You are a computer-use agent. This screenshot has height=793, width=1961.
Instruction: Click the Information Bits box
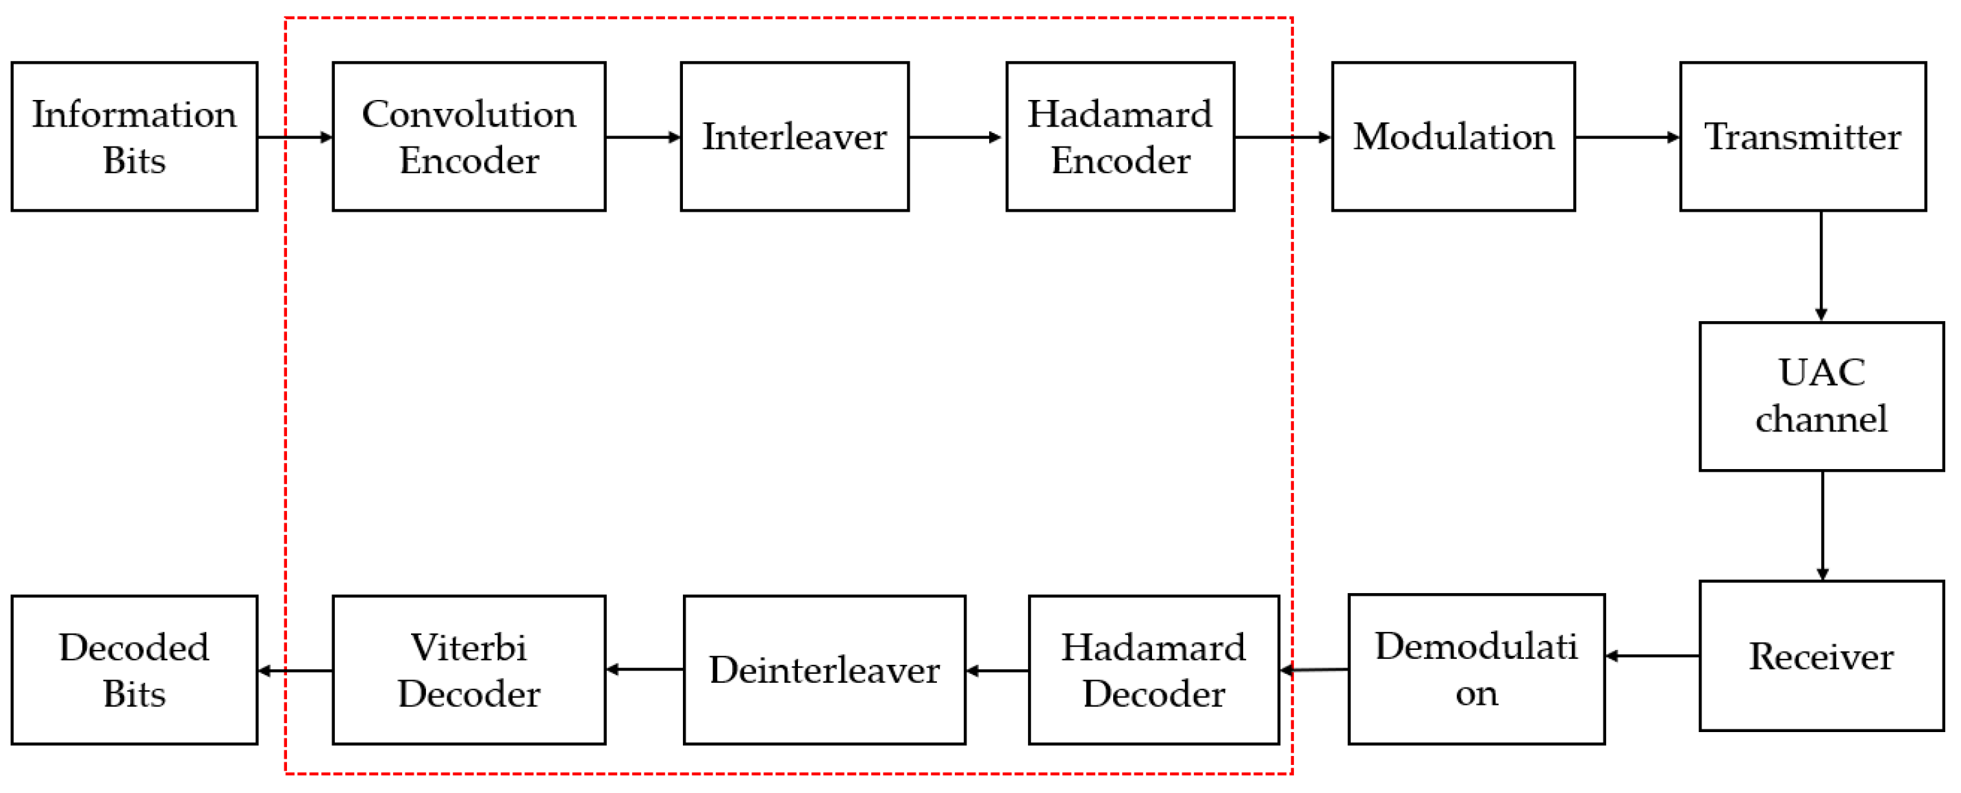click(134, 136)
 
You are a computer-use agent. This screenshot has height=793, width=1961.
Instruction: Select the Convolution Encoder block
click(469, 136)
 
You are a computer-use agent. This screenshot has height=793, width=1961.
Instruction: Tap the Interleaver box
click(794, 136)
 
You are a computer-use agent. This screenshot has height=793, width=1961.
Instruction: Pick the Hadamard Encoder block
click(1120, 136)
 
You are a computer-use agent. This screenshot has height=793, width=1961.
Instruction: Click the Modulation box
click(1453, 136)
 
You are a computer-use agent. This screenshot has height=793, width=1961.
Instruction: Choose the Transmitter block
click(1802, 136)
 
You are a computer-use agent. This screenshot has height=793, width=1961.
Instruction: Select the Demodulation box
click(1476, 669)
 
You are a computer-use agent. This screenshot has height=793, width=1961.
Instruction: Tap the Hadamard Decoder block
click(1153, 670)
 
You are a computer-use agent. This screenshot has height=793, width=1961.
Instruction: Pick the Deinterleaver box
click(824, 670)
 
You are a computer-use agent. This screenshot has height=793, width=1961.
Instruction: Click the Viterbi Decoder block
click(469, 670)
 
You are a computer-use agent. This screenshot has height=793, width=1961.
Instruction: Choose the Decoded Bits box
click(134, 670)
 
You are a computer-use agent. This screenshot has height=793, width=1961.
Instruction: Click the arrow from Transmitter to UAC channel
click(1821, 266)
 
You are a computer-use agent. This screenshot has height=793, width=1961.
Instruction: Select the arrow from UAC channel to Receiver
click(1822, 525)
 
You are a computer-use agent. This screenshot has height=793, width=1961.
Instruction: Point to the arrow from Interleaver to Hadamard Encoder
click(956, 137)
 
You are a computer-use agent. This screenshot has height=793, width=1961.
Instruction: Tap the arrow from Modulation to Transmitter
click(1627, 137)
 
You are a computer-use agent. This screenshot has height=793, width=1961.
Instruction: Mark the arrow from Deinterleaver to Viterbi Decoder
click(645, 669)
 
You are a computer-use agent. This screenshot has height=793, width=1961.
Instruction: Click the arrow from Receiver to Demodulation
click(1652, 655)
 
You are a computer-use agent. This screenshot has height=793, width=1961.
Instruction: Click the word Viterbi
click(469, 648)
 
